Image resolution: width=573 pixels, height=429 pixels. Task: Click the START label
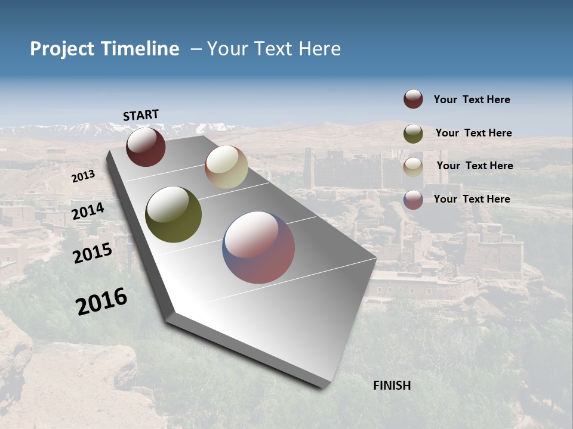pos(141,115)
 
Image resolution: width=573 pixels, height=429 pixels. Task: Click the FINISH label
pos(392,386)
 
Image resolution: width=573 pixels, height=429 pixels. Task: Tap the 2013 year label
pos(83,176)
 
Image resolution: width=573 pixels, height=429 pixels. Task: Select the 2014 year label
pos(88,212)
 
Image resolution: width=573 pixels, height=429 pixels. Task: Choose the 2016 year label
pos(101,301)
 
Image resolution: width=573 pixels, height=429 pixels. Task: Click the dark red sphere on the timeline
pos(146,147)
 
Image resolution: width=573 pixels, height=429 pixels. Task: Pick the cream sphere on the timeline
pos(226,167)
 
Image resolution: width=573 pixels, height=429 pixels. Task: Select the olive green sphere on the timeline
pos(173,214)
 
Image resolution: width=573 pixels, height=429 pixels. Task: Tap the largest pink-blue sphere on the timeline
pos(258,247)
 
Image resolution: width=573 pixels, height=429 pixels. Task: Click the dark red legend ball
pos(413,99)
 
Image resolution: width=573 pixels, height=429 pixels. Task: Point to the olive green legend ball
pos(413,133)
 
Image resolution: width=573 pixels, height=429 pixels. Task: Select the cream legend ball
pos(413,166)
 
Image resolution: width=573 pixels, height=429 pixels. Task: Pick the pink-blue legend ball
pos(413,200)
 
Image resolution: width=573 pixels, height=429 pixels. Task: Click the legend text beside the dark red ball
pos(472,100)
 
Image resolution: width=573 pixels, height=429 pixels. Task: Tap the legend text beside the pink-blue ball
pos(472,199)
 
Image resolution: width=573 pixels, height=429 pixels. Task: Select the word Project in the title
pos(61,49)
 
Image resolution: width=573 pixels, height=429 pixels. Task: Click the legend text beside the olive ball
pos(473,133)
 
